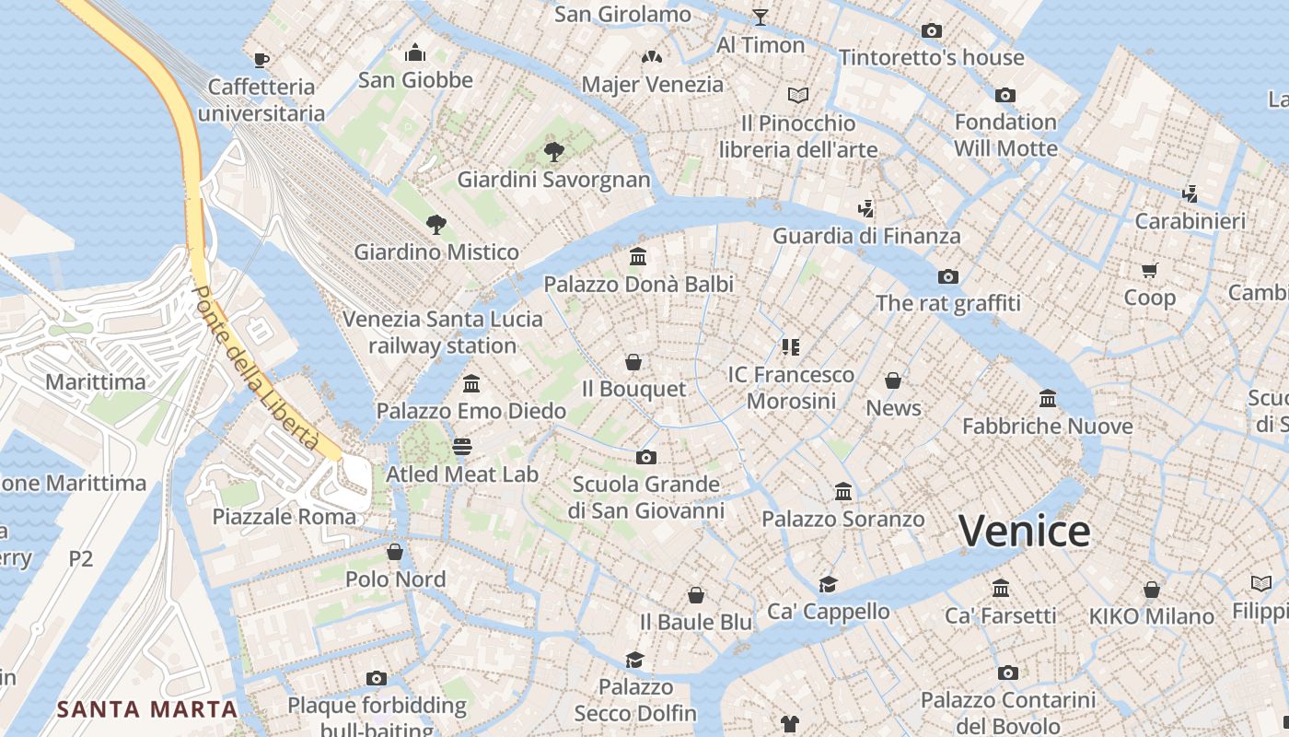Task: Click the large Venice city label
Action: click(1024, 532)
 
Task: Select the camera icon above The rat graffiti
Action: click(947, 276)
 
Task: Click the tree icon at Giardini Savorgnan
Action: click(553, 152)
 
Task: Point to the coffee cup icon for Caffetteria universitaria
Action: click(261, 60)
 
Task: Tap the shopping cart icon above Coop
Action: click(1149, 271)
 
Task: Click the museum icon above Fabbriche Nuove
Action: click(1047, 399)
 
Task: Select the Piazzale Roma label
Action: click(284, 517)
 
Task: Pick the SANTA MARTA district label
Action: click(147, 709)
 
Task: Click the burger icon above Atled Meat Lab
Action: click(462, 447)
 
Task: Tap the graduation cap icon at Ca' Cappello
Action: click(828, 584)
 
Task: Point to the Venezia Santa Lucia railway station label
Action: click(442, 333)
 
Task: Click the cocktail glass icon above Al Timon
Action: click(760, 17)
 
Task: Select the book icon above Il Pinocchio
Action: click(797, 95)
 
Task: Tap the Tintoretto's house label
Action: click(931, 57)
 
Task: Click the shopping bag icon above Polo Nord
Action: click(395, 552)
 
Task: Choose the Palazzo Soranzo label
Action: click(842, 520)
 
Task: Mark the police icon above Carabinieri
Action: click(1190, 193)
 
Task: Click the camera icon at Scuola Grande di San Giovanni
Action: click(645, 457)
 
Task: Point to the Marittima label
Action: click(95, 381)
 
